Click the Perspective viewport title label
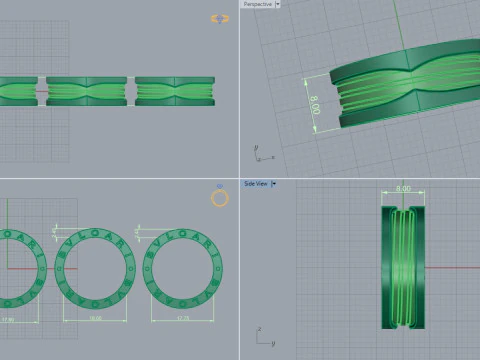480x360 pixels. coord(257,4)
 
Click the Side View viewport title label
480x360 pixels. coord(256,184)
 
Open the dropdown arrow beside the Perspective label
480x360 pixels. coord(277,4)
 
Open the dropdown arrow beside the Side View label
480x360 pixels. coord(274,184)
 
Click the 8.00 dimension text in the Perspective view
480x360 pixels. coord(315,104)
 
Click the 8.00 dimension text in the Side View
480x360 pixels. coord(403,188)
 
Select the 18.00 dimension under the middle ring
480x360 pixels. coord(96,319)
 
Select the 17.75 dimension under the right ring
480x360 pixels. coord(183,319)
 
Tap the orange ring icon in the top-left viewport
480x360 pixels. coord(220,18)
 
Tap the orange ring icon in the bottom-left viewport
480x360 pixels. coord(220,198)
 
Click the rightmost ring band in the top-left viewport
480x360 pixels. coord(175,91)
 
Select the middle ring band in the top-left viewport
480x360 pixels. coord(86,91)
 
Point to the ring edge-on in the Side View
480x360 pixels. coord(403,268)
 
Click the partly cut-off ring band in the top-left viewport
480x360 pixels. coord(17,91)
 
